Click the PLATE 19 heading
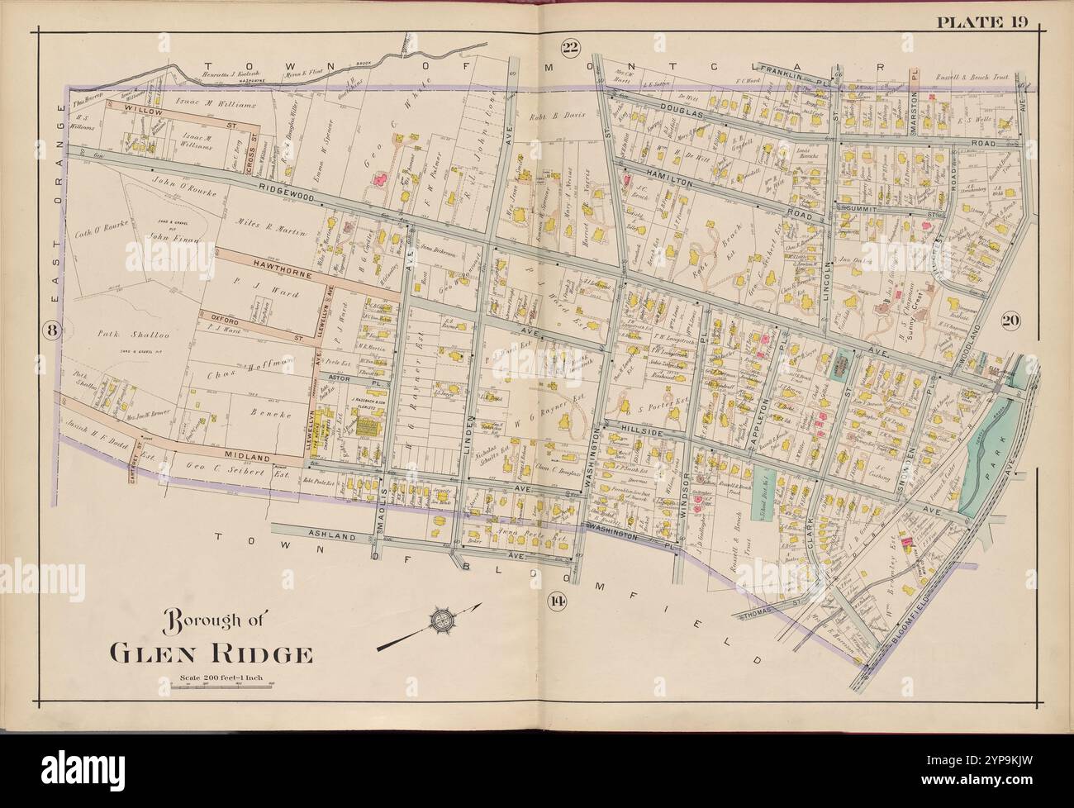981,21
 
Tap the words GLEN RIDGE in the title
211,654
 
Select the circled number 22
568,47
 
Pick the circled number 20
1010,322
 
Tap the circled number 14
557,599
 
